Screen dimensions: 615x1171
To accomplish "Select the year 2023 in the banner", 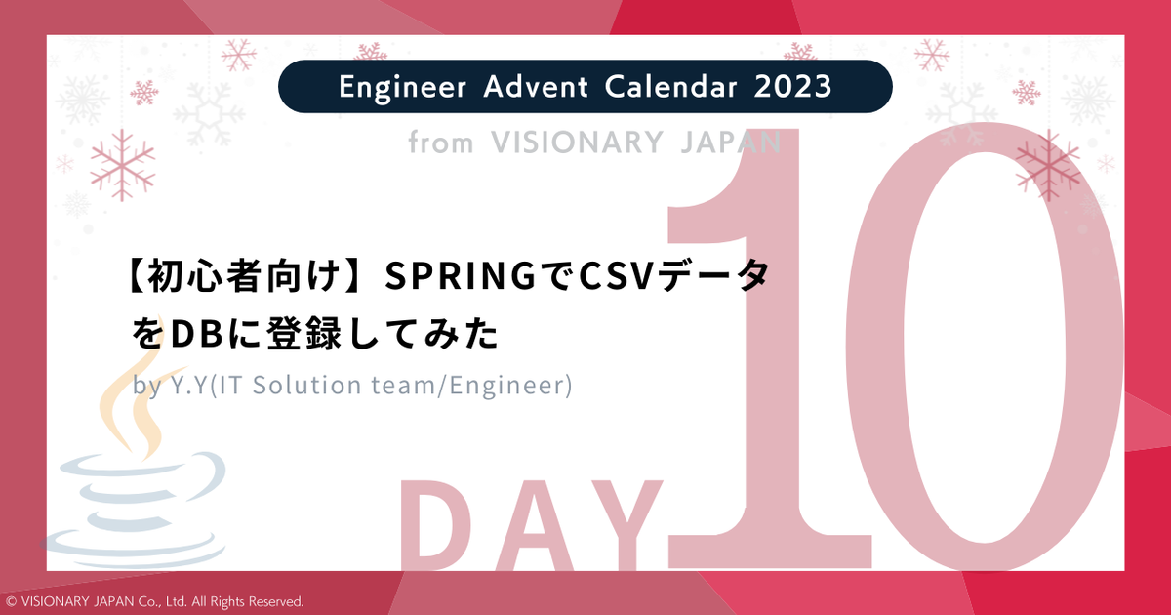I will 792,87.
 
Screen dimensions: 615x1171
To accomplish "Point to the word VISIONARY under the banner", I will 579,143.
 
